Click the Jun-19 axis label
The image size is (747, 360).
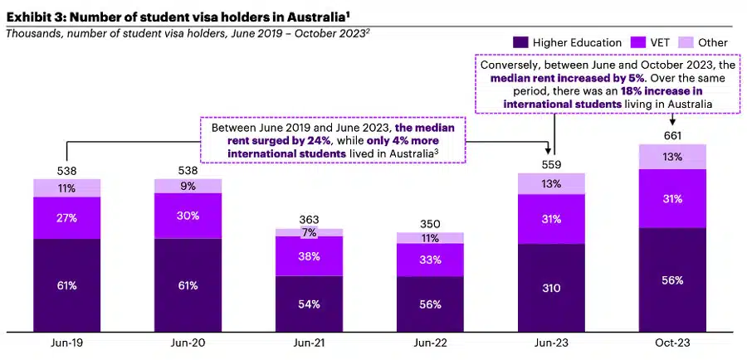pyautogui.click(x=67, y=342)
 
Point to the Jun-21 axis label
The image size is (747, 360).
pyautogui.click(x=309, y=342)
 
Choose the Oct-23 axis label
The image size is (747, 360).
pyautogui.click(x=672, y=342)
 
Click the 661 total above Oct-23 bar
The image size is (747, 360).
pyautogui.click(x=672, y=136)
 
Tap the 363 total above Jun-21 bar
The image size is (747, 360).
pyautogui.click(x=309, y=220)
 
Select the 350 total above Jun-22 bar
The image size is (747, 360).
pyautogui.click(x=430, y=224)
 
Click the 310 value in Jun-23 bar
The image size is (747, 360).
pyautogui.click(x=551, y=288)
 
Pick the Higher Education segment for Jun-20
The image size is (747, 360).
pyautogui.click(x=188, y=285)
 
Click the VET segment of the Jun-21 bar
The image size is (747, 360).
pyautogui.click(x=309, y=256)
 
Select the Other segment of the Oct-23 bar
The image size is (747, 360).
pyautogui.click(x=672, y=157)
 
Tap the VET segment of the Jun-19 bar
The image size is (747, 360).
pyautogui.click(x=67, y=218)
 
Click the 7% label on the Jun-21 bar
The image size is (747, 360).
pyautogui.click(x=309, y=232)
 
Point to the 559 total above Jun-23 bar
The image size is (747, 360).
pyautogui.click(x=551, y=165)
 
